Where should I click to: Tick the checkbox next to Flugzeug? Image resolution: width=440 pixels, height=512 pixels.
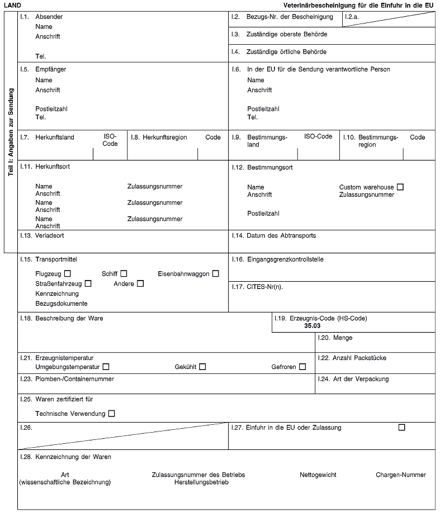(x=68, y=273)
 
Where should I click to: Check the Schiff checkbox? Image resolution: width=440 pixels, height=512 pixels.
(x=124, y=273)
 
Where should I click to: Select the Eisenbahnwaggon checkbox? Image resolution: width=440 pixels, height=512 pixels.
(x=215, y=273)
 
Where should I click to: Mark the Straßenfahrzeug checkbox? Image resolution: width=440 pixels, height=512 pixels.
(x=88, y=284)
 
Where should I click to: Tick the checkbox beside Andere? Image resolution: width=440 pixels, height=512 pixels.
(x=140, y=284)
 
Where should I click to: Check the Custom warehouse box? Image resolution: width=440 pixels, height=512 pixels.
(x=400, y=186)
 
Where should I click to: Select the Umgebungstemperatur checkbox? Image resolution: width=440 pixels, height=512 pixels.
(x=106, y=367)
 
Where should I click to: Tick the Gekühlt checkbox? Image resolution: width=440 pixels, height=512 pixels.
(x=202, y=367)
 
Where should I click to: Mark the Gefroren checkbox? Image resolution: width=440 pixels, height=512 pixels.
(x=302, y=367)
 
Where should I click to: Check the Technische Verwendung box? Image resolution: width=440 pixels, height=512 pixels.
(x=111, y=414)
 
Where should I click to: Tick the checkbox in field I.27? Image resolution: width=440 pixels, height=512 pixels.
(x=401, y=428)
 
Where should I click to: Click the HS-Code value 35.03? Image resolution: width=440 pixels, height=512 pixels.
(x=313, y=325)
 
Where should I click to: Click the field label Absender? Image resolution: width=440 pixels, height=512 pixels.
(x=49, y=17)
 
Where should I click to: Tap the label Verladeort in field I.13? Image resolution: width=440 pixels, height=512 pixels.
(x=50, y=235)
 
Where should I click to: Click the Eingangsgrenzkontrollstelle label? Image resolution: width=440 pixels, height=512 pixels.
(x=285, y=259)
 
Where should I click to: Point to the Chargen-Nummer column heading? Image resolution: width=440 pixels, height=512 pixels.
(x=401, y=475)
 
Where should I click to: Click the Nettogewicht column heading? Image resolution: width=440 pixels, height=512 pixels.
(x=318, y=475)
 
